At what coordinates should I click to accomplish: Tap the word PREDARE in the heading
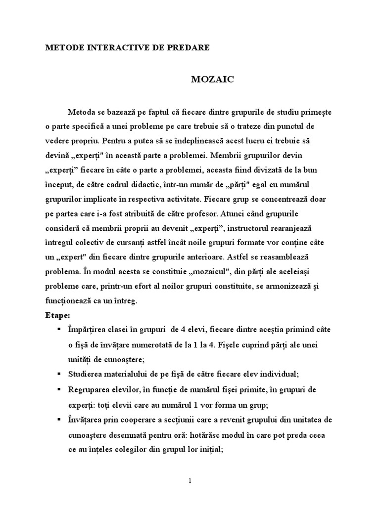pyautogui.click(x=190, y=48)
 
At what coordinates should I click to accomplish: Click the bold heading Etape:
pyautogui.click(x=57, y=315)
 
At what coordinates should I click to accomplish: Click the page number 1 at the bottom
pyautogui.click(x=190, y=481)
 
